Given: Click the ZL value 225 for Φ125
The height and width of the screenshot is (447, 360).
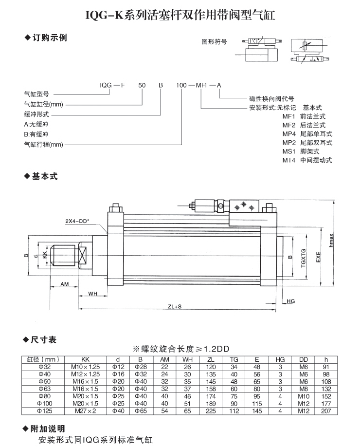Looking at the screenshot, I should (x=211, y=411).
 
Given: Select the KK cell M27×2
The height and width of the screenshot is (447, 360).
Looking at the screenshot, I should (x=86, y=411).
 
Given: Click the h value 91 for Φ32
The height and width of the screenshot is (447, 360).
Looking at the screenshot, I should (x=326, y=367).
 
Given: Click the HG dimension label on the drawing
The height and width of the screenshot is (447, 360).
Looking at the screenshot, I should (x=291, y=301).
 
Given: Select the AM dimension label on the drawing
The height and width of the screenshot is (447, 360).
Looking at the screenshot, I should (x=65, y=283).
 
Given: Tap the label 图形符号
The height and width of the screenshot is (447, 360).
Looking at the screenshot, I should (x=214, y=42).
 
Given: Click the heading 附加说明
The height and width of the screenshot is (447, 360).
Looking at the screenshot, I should (x=48, y=429).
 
